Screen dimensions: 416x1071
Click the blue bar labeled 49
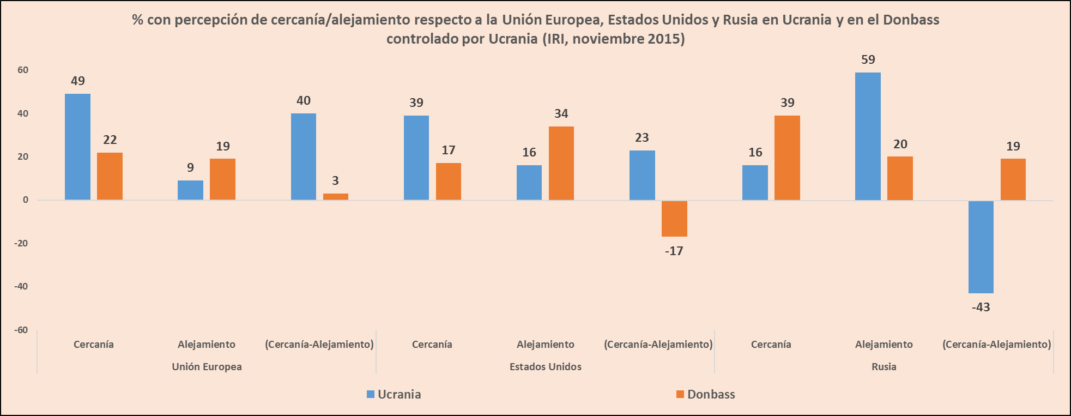77,147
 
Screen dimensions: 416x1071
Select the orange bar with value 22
110,176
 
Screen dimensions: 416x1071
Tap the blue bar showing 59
868,136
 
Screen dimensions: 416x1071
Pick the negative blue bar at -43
981,247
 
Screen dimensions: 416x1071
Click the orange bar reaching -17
674,219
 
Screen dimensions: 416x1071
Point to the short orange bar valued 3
335,197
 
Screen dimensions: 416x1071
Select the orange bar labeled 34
561,163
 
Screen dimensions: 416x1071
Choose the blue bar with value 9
190,190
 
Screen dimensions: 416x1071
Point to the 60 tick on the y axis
23,70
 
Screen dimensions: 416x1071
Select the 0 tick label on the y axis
26,200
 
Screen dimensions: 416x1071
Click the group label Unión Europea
207,367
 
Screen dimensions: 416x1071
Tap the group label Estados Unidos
545,367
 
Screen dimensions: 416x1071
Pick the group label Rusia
884,367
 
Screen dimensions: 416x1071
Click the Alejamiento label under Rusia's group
884,345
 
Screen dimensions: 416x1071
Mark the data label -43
981,307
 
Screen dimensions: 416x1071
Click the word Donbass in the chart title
911,20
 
